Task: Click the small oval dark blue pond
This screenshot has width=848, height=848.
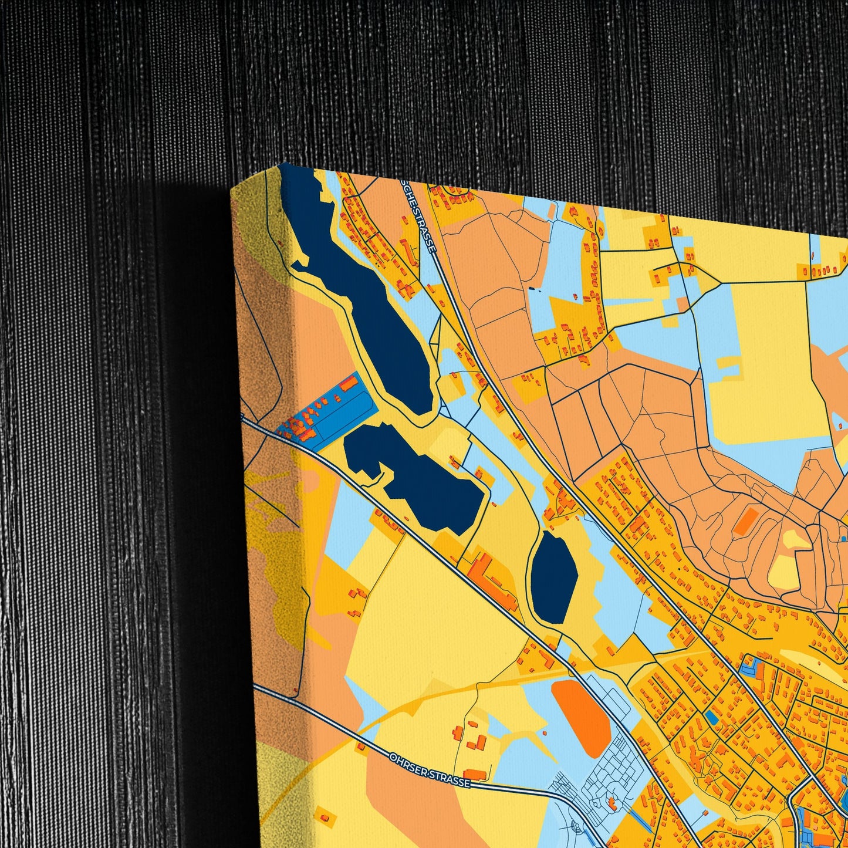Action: pos(554,577)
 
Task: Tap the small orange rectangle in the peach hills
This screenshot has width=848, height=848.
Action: pos(746,521)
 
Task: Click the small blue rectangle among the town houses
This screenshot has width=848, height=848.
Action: pos(711,717)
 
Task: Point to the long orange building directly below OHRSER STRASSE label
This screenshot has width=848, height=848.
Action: pos(475,775)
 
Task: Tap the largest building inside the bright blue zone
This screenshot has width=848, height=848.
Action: pos(350,384)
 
